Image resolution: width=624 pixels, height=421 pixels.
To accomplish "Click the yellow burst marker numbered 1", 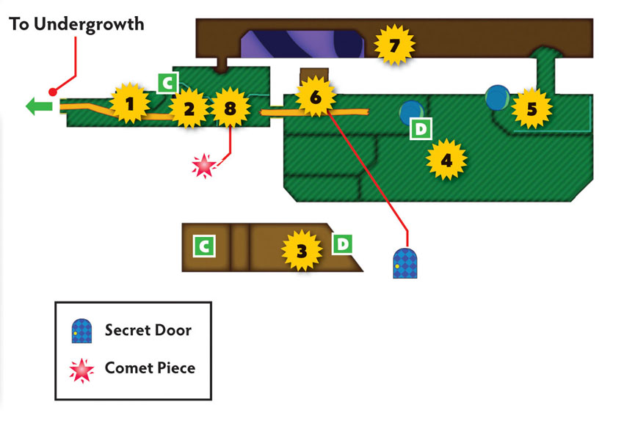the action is coord(130,103).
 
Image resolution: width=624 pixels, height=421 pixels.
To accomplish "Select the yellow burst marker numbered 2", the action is coord(189,108).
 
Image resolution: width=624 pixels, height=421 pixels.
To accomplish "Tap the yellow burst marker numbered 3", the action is coord(302,250).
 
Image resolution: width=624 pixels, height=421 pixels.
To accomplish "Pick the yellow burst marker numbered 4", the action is coord(446,159).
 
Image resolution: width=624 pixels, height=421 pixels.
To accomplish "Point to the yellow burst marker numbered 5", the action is coord(532,108).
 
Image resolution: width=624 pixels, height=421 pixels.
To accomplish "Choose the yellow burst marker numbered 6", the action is coord(316,97).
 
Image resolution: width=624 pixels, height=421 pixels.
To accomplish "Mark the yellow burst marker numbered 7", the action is coord(394,45).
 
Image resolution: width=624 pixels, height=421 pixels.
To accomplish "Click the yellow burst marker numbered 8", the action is coord(230,108).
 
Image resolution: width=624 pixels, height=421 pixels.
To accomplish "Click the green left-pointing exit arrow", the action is coord(39,106).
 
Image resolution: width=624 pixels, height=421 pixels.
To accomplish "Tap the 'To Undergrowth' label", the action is coord(76,24).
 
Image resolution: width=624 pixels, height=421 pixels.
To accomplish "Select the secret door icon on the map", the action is coord(405,263).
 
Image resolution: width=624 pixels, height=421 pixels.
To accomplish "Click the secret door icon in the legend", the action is coord(81,331).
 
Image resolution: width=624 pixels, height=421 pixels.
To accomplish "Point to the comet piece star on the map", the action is coord(204,165).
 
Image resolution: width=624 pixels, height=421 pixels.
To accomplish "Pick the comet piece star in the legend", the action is coord(81,370).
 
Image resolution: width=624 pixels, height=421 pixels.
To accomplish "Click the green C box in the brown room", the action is coord(204,246).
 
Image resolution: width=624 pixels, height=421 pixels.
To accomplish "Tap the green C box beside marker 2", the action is coord(167,83).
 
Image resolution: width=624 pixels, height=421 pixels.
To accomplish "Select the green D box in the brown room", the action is coord(342,244).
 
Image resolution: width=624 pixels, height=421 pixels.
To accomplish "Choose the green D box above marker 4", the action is coord(421,128).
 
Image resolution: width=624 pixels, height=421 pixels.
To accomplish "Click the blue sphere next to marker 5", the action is coord(498,98).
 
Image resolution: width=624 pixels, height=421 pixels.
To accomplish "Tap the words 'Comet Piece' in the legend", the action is coord(150,368).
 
